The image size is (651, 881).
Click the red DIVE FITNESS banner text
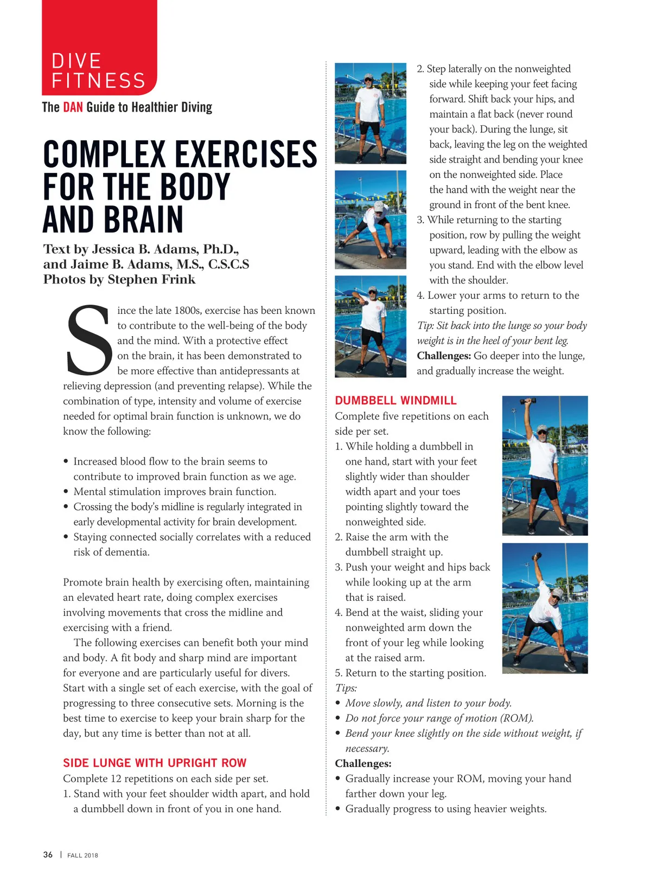point(98,70)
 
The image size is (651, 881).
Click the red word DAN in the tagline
point(73,107)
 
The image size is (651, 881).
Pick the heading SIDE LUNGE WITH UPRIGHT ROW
point(155,763)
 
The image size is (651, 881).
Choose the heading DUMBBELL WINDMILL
point(395,401)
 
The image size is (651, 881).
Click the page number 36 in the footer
point(48,854)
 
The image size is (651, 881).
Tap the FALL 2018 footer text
point(82,855)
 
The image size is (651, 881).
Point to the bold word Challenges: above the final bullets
point(363,763)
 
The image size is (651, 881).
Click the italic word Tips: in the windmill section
point(346,688)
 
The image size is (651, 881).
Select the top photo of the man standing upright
point(371,113)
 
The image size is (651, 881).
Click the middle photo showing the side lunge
point(371,220)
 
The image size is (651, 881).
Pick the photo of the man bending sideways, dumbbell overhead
point(545,608)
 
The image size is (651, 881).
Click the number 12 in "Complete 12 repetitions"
point(116,779)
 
